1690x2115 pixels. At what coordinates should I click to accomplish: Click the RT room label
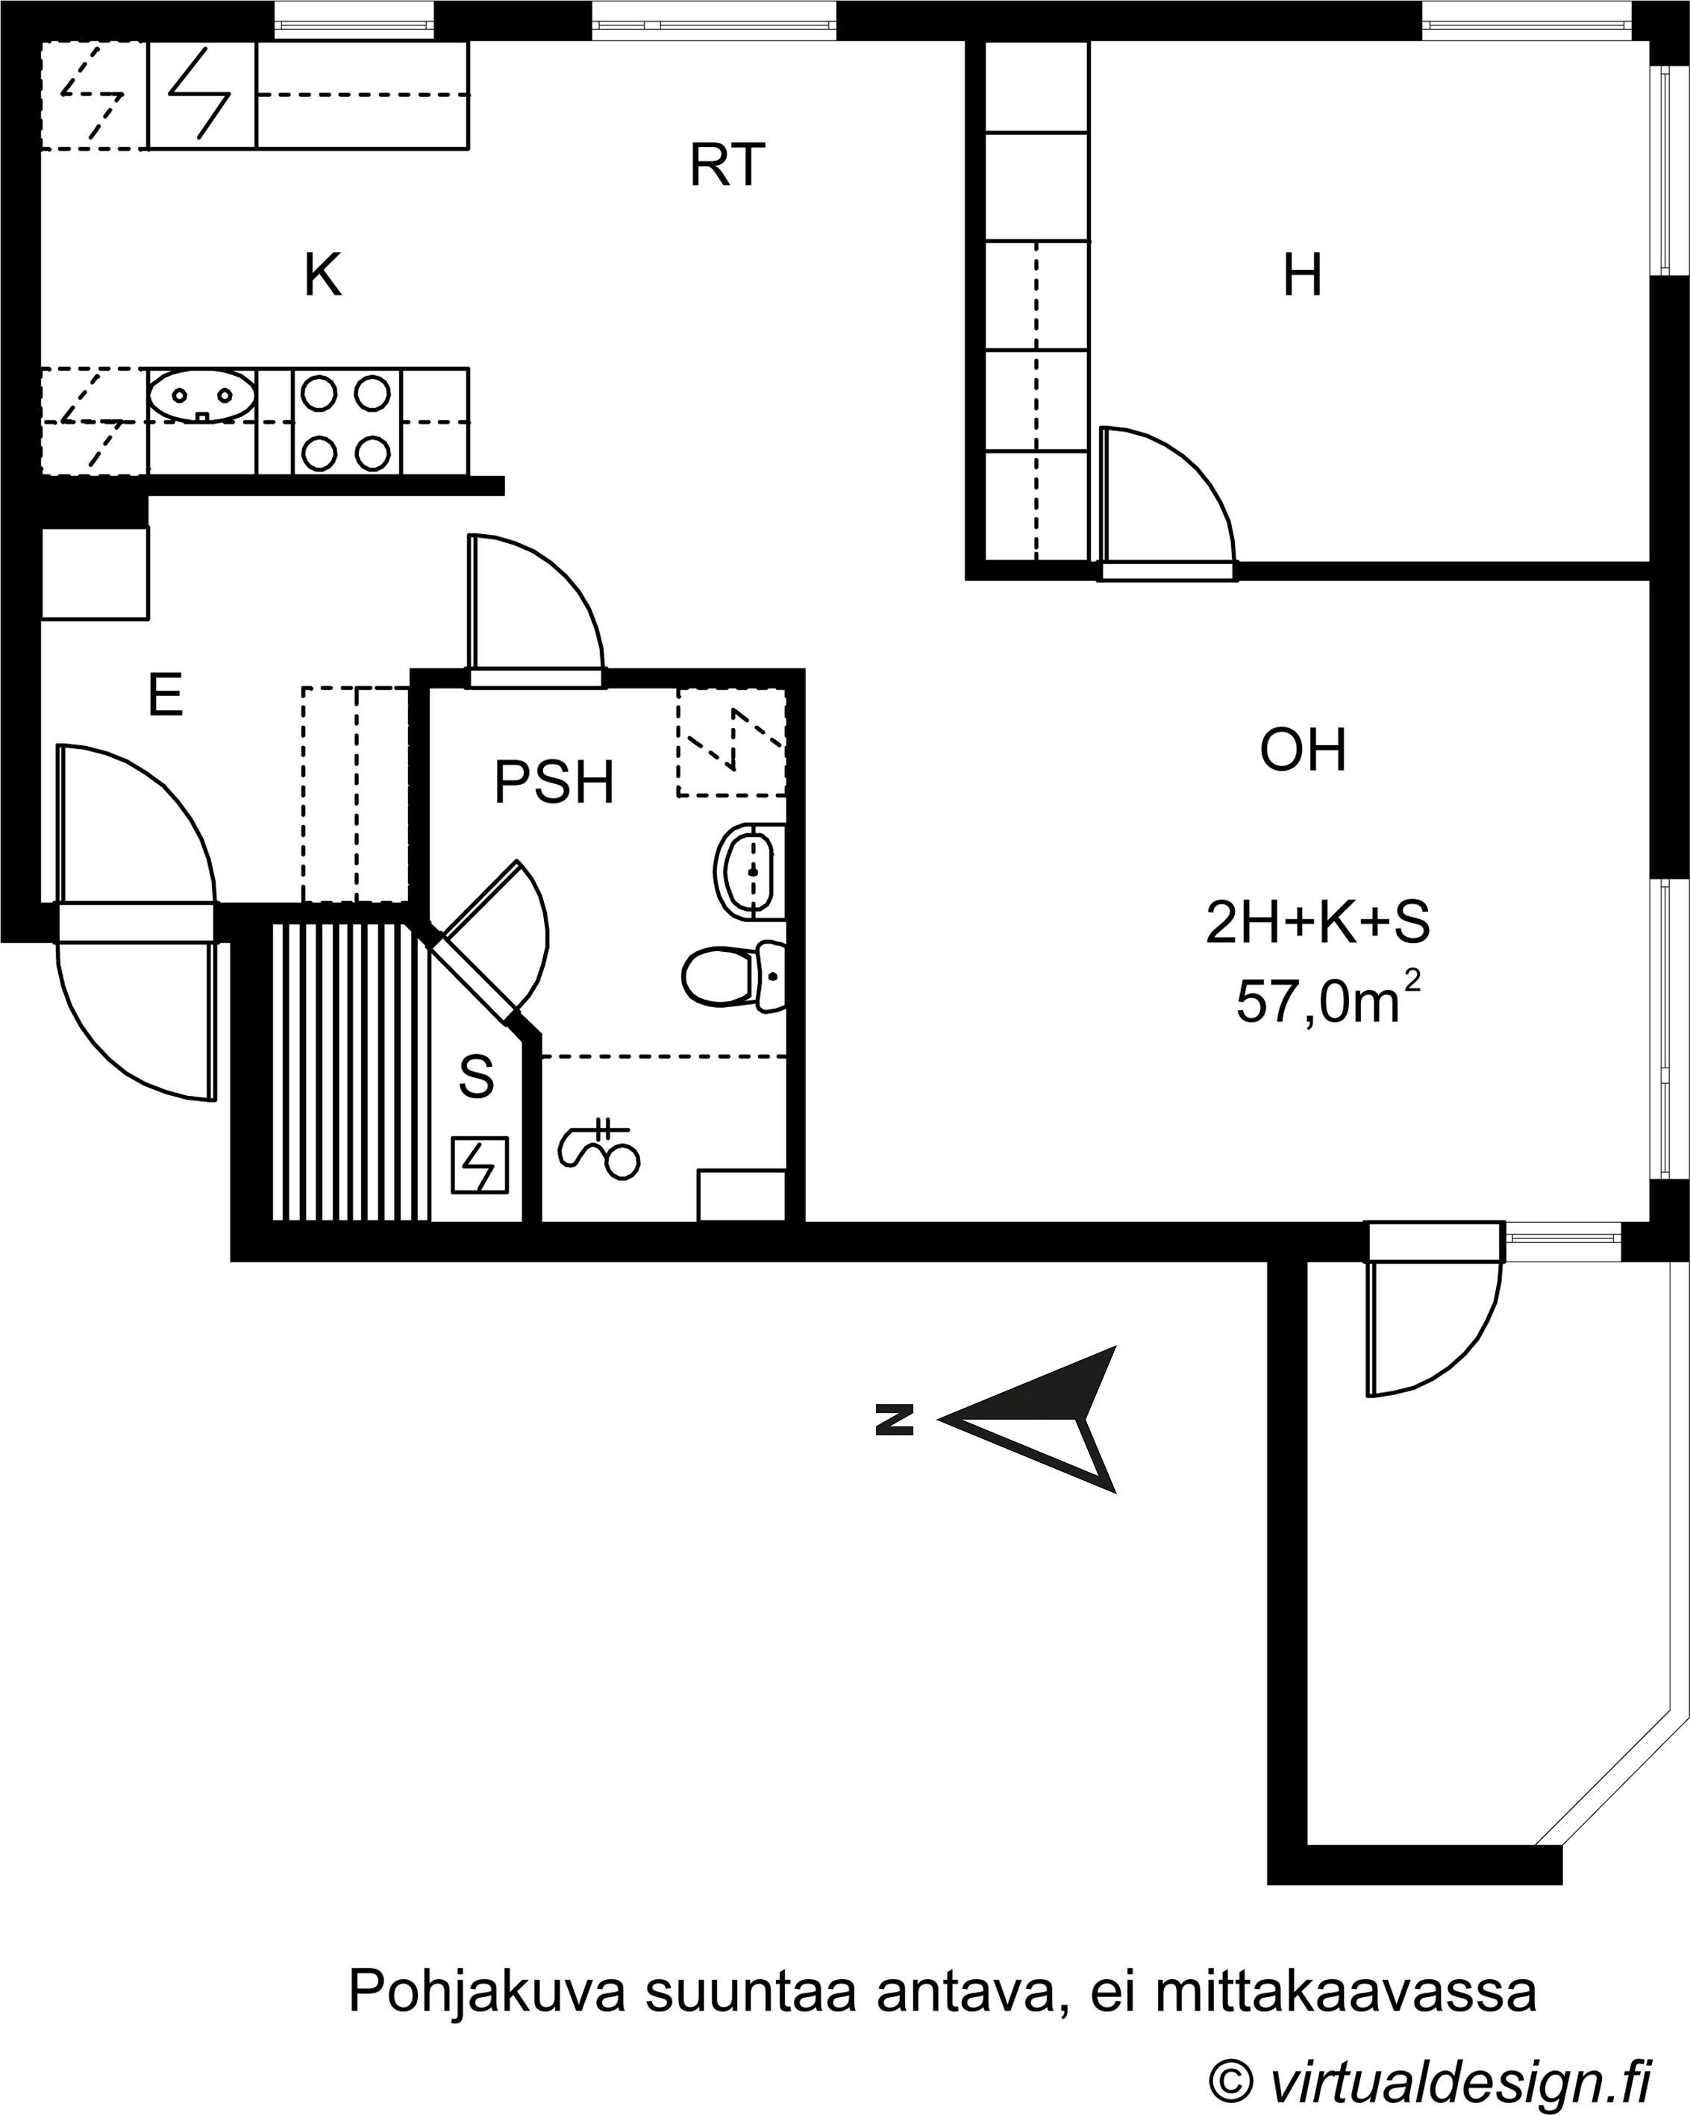coord(727,165)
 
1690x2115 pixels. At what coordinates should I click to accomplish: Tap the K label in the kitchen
coord(322,275)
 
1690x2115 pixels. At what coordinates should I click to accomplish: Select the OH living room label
coord(1303,751)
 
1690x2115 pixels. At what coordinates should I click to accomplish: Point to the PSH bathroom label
coord(554,783)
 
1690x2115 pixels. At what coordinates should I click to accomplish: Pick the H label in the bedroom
coord(1303,275)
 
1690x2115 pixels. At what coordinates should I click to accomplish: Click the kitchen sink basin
coord(202,396)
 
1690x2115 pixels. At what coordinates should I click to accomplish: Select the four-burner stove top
coord(346,423)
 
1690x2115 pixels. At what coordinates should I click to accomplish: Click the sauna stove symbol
coord(480,1165)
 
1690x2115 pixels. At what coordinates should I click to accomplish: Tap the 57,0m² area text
coord(1328,1000)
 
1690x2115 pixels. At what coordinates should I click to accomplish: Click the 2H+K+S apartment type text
coord(1317,922)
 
